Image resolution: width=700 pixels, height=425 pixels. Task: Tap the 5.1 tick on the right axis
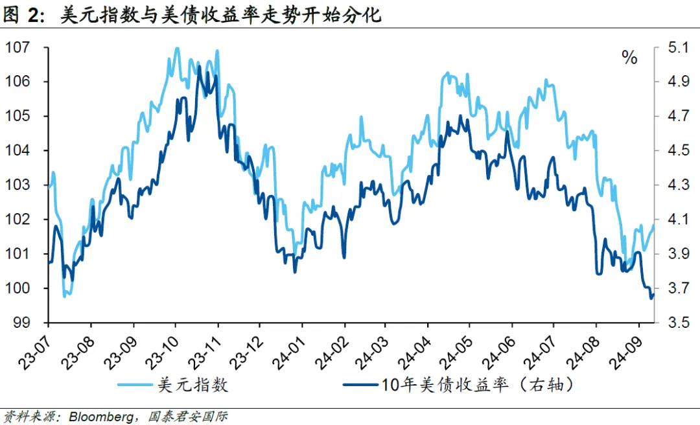click(x=675, y=48)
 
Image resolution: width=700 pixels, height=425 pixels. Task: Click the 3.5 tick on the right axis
click(x=675, y=323)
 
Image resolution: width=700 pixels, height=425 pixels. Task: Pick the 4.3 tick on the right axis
click(x=675, y=185)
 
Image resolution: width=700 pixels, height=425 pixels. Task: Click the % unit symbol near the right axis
click(x=629, y=58)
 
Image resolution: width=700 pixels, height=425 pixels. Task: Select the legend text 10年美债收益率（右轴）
click(x=477, y=385)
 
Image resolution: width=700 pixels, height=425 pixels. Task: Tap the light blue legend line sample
click(x=135, y=385)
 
